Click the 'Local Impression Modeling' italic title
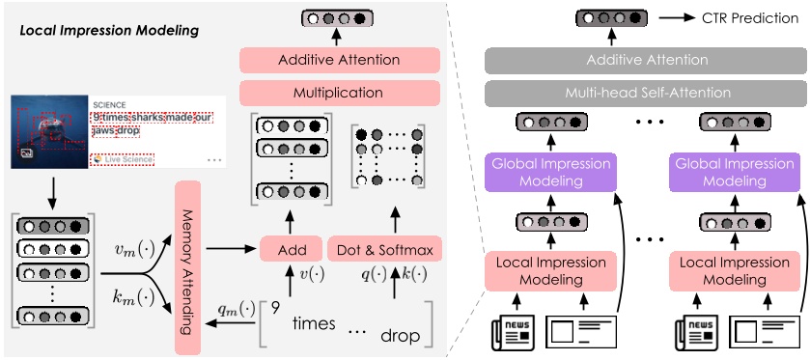pyautogui.click(x=109, y=31)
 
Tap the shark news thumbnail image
pyautogui.click(x=49, y=129)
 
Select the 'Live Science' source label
pyautogui.click(x=118, y=157)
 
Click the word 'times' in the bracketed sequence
pyautogui.click(x=314, y=324)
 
